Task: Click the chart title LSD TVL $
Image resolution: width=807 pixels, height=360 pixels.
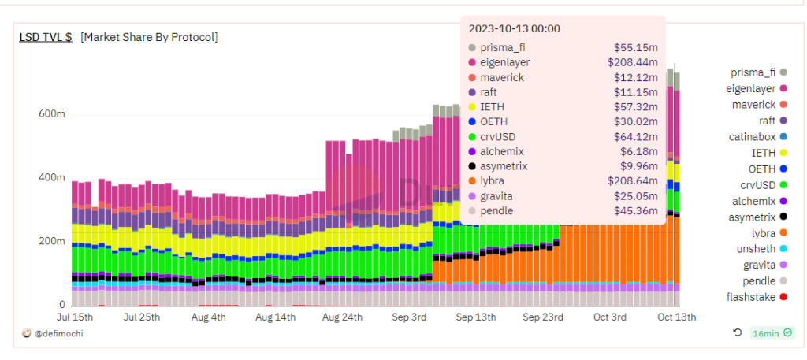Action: tap(46, 37)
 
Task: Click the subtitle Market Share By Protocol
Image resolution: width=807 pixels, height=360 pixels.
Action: tap(149, 37)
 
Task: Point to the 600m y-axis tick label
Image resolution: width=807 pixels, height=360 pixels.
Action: tap(52, 114)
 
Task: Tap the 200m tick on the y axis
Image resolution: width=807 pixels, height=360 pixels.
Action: tap(52, 241)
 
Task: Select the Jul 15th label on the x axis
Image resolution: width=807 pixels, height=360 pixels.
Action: tap(75, 317)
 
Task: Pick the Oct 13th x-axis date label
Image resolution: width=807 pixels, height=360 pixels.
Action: tap(675, 317)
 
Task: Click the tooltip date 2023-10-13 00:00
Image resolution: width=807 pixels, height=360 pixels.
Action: tap(514, 28)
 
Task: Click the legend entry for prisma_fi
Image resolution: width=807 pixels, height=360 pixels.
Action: tap(755, 72)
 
